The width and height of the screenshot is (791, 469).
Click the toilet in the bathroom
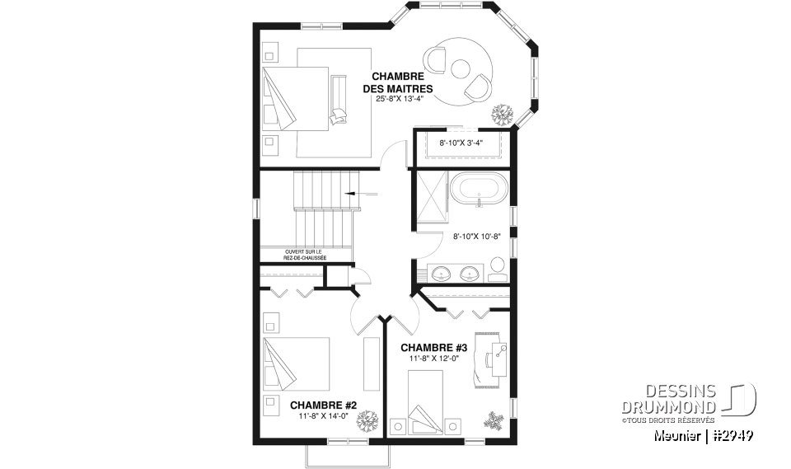click(x=497, y=267)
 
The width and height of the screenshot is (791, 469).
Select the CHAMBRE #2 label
click(x=323, y=405)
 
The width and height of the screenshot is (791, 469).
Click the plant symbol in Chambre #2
click(x=364, y=421)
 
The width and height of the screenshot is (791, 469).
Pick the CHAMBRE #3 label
click(x=433, y=347)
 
